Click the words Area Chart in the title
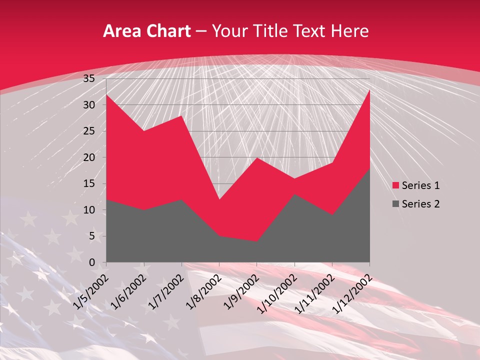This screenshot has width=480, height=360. pos(146,31)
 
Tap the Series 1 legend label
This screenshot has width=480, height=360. pos(420,185)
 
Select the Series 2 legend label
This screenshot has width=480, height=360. pos(420,203)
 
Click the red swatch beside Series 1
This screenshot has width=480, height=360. pos(396,185)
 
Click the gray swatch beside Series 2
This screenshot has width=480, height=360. pos(396,203)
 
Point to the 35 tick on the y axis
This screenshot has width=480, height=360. pos(89,78)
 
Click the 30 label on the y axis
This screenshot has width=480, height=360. pos(89,105)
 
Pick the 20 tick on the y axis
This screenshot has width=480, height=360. pos(89,157)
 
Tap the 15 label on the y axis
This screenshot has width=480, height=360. pos(89,183)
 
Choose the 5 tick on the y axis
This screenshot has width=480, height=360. pos(92,236)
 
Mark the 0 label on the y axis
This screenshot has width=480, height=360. pos(92,262)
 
